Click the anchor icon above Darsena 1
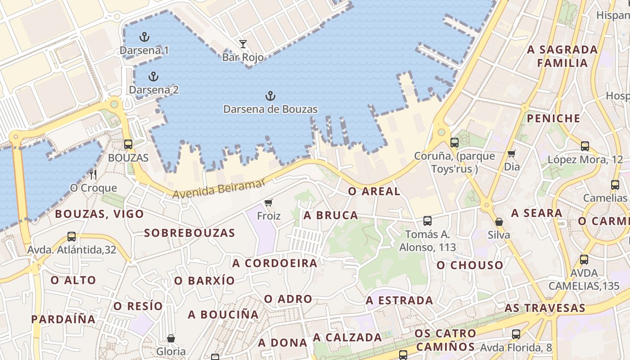(x=144, y=37)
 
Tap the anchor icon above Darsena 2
(x=153, y=76)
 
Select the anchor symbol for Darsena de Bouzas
(x=270, y=96)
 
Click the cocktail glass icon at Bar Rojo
(x=243, y=44)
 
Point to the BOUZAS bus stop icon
(x=128, y=144)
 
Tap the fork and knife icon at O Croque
(x=93, y=174)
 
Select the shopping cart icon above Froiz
(x=269, y=203)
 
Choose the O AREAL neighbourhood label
(x=374, y=191)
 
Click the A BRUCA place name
(x=331, y=215)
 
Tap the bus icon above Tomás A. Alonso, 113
(x=427, y=221)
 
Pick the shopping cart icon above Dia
(x=511, y=154)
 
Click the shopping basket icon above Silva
(x=499, y=222)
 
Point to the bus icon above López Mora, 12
(x=585, y=146)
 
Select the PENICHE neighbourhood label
(x=553, y=118)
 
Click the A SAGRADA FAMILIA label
(x=562, y=56)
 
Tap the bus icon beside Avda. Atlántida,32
(x=72, y=236)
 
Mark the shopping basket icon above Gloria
(x=171, y=338)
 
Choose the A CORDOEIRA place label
(x=274, y=263)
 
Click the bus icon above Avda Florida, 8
(x=516, y=334)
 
